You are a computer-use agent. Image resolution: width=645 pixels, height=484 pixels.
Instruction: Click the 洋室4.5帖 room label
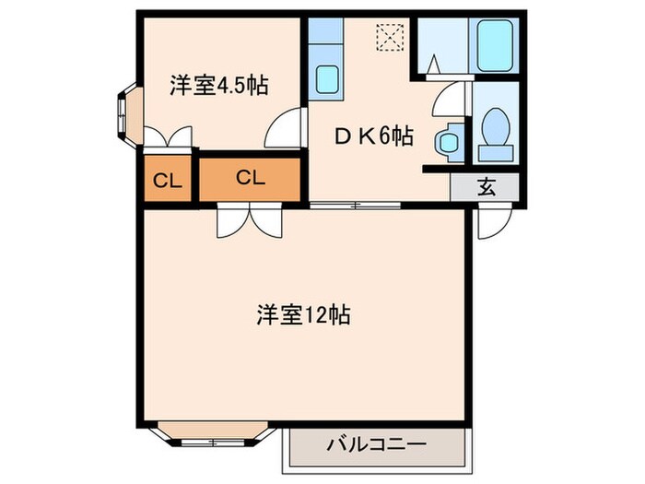point(217,86)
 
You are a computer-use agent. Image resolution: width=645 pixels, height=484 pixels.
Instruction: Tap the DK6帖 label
point(373,136)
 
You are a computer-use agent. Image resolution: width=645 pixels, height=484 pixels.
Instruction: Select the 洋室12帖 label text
point(301,314)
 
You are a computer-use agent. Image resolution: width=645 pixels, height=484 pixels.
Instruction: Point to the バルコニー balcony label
point(377,446)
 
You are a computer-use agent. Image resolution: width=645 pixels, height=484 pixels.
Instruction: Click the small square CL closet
point(166,180)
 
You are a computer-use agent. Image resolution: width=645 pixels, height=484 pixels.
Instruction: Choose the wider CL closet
point(250,179)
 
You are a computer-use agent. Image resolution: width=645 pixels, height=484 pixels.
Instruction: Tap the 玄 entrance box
point(486,187)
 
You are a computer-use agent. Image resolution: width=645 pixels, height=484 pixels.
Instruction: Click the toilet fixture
point(497,130)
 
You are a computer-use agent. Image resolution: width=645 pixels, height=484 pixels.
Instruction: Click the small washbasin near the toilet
point(449,141)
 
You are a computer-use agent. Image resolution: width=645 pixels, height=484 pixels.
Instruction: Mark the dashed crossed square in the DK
point(388,38)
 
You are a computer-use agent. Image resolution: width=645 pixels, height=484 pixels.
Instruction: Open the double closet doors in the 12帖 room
point(248,221)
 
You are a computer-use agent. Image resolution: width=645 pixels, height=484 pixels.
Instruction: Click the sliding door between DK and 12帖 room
point(356,205)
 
